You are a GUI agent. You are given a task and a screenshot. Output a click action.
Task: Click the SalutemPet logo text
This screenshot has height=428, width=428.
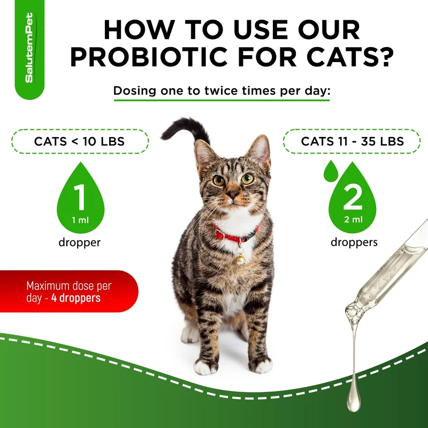[29, 48]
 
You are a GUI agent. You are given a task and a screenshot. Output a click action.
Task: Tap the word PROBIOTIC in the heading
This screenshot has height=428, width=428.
[149, 57]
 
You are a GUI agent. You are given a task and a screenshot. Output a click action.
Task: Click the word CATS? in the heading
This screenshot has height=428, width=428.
[350, 57]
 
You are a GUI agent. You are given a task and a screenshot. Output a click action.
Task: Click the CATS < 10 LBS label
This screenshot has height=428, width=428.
[79, 141]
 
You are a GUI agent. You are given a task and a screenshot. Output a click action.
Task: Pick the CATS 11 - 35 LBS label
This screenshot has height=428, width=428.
[353, 141]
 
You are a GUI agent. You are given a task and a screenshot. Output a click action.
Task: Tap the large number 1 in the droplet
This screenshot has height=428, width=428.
[80, 197]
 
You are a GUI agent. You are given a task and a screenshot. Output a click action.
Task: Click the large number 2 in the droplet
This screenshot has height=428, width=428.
[353, 196]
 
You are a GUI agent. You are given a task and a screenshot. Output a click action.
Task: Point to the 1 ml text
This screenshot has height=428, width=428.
[80, 220]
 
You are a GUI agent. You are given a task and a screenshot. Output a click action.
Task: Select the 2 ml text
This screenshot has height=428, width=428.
[353, 219]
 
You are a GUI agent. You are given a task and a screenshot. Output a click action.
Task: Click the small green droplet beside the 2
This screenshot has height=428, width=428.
[331, 171]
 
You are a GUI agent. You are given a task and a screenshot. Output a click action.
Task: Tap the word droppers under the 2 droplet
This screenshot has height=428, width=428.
[354, 242]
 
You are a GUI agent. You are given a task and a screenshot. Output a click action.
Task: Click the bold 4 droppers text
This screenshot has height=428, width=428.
[76, 298]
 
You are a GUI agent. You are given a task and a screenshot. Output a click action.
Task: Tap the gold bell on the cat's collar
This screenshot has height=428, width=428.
[240, 259]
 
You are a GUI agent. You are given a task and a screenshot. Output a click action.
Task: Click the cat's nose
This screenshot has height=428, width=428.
[233, 194]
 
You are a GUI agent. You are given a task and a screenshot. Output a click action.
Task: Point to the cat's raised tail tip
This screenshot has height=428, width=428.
[164, 136]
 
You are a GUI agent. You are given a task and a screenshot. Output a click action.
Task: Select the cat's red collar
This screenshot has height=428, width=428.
[235, 235]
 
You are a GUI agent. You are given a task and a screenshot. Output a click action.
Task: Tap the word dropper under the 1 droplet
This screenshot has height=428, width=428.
[79, 242]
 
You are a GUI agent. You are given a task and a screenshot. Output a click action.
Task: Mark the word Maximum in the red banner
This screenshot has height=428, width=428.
[48, 286]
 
